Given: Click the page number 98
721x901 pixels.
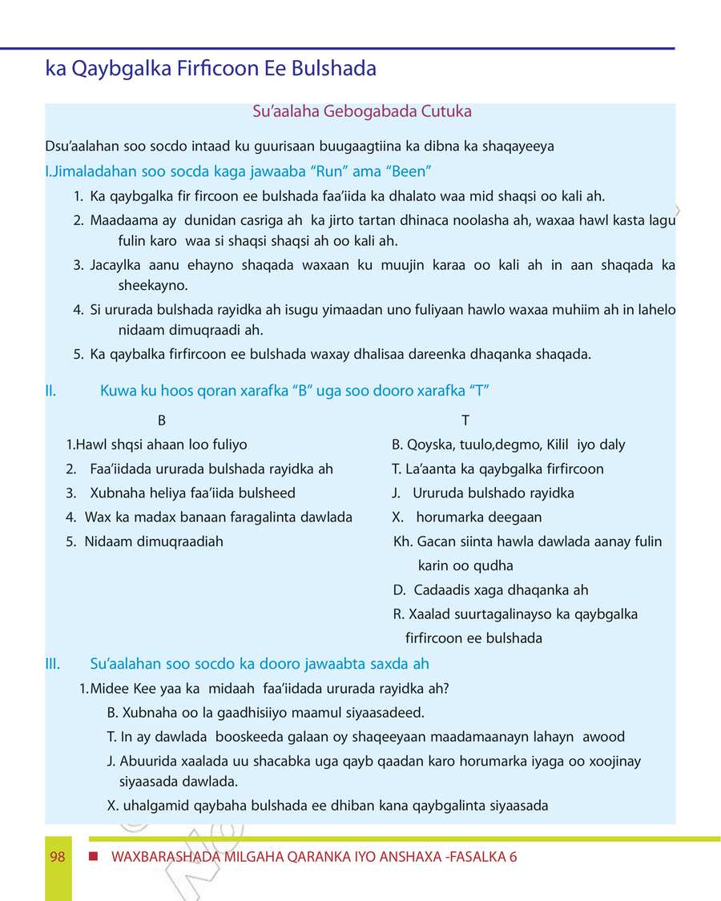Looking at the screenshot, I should [x=57, y=857].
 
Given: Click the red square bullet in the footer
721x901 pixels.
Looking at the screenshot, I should [x=93, y=857].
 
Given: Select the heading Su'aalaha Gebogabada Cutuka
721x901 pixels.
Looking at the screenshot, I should [x=361, y=111].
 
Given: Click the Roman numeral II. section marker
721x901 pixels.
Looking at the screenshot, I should [x=50, y=391].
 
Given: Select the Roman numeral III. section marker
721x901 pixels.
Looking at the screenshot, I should [x=53, y=663].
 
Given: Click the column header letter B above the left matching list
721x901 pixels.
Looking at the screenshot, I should [x=162, y=420].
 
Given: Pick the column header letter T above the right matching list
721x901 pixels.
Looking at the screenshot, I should [x=465, y=420].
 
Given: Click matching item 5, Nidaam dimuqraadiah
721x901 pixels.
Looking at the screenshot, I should [x=145, y=541].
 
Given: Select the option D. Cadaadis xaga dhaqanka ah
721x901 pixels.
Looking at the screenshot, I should [x=490, y=590].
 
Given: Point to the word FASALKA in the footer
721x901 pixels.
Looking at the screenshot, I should [x=479, y=857].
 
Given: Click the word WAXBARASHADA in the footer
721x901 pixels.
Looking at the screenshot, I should [x=162, y=857].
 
